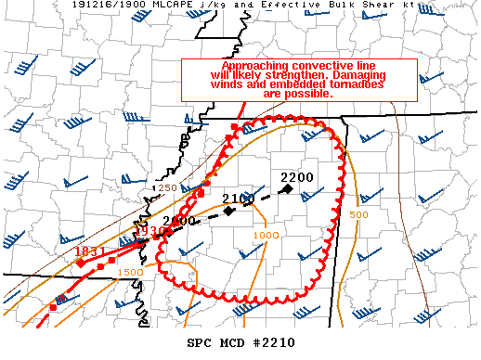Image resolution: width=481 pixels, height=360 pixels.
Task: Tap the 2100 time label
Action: pos(239,199)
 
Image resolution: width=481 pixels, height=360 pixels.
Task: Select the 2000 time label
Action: pos(180,221)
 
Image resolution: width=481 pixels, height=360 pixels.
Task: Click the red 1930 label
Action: pos(149,230)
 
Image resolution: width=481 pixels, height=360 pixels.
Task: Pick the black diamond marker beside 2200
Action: pos(288,189)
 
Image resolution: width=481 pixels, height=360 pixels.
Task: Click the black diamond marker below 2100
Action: pos(229,211)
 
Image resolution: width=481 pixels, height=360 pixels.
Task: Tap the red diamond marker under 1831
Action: pos(80,264)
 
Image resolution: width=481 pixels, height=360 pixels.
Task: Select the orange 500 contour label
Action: pos(360,214)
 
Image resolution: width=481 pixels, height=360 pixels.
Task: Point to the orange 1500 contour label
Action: pos(130,272)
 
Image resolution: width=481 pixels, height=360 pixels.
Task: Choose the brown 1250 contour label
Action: pos(163,188)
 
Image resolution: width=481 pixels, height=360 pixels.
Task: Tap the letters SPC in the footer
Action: pos(199,342)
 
